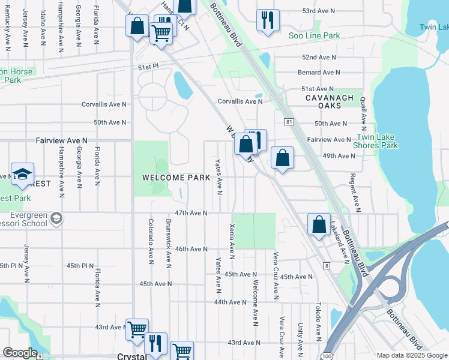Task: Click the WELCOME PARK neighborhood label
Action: (x=176, y=178)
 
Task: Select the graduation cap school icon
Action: (x=22, y=174)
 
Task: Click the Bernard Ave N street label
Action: (x=319, y=72)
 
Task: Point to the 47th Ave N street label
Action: (x=191, y=213)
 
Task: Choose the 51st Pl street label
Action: (x=146, y=67)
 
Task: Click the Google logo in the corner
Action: (x=20, y=353)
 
